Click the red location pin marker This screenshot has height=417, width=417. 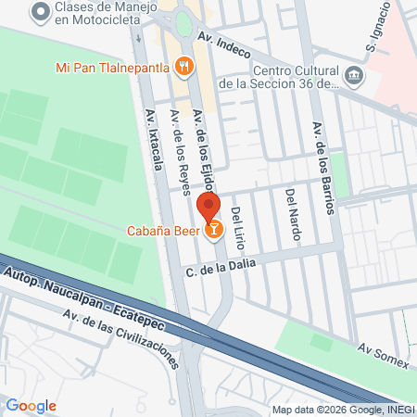pyautogui.click(x=208, y=208)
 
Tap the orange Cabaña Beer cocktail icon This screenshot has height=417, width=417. pyautogui.click(x=214, y=228)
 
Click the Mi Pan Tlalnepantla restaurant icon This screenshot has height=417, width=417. pyautogui.click(x=185, y=67)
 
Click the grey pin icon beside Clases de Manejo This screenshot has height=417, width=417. pyautogui.click(x=38, y=11)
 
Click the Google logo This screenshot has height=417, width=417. pyautogui.click(x=32, y=405)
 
